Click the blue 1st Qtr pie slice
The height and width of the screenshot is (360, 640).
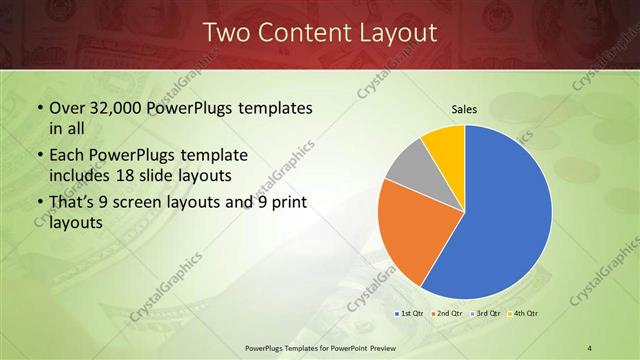click(x=510, y=215)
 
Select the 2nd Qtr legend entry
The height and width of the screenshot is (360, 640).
click(x=445, y=315)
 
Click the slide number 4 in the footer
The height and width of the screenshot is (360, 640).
click(x=590, y=347)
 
